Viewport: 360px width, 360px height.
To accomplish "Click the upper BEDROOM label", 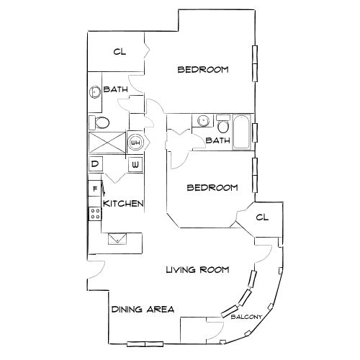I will point(203,70).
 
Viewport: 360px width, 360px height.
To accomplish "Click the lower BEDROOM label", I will point(212,188).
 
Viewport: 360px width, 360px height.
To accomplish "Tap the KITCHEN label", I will point(123,204).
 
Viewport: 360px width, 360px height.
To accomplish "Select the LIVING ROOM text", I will point(197,270).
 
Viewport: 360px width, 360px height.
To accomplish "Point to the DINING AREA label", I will point(143,310).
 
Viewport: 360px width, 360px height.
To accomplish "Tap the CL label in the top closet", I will point(120,52).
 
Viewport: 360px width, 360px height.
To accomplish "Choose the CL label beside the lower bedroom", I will point(261,217).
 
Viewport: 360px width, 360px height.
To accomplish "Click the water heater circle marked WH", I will point(135,143).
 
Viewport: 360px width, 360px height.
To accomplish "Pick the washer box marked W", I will point(135,165).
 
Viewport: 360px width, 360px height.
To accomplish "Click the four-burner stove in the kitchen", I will point(94,213).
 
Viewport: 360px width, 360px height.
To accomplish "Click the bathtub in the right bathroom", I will point(241,132).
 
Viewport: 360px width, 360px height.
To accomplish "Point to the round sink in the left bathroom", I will point(95,92).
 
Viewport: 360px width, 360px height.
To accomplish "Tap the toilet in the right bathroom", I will point(223,125).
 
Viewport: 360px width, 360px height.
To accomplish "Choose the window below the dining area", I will point(144,342).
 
